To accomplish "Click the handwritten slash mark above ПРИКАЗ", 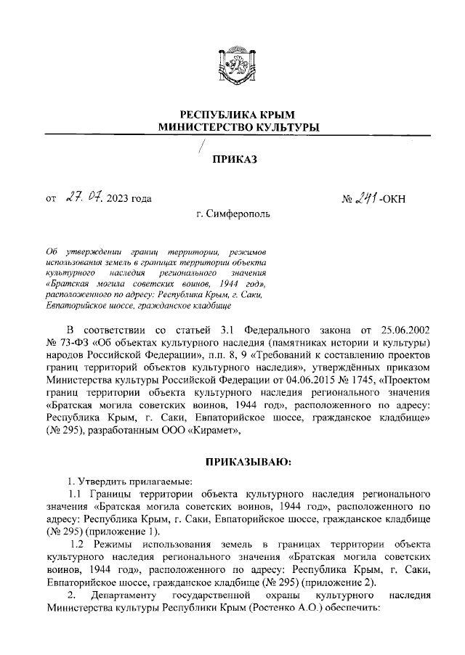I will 202,148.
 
